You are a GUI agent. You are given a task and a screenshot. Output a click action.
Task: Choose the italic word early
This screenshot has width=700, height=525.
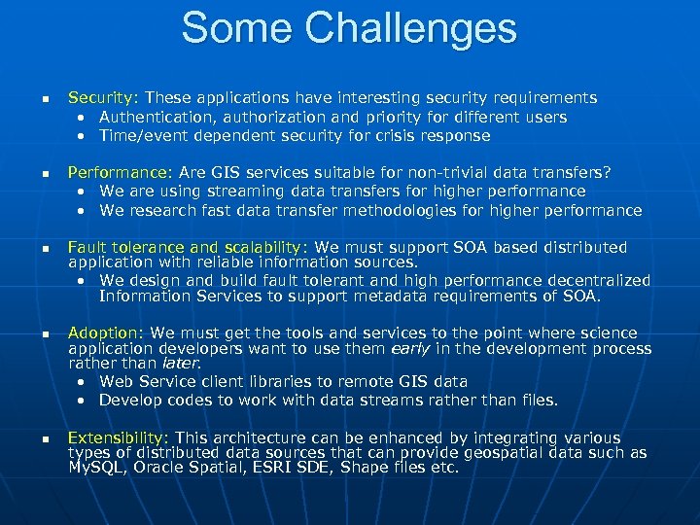[409, 349]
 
